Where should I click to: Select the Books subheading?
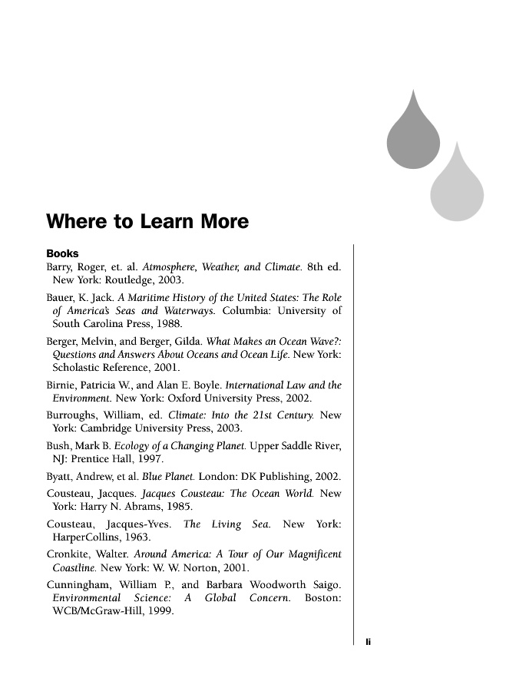point(62,253)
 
